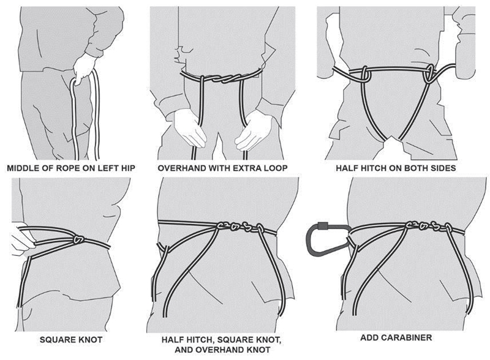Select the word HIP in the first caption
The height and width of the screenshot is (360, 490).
click(128, 168)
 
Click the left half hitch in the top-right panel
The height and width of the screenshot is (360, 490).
click(365, 74)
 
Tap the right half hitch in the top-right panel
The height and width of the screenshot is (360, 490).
click(429, 74)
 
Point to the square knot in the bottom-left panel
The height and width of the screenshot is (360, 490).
click(79, 239)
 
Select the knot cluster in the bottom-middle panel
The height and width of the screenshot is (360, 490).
click(241, 227)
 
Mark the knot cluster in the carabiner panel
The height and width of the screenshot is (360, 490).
click(429, 226)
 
